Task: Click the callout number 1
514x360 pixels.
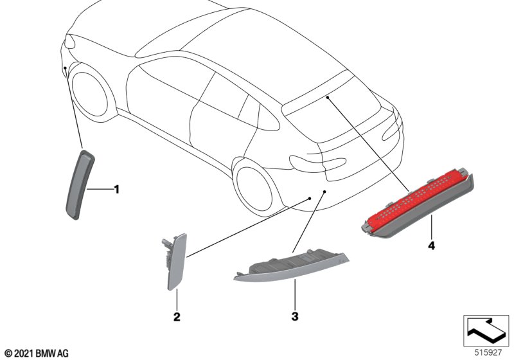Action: [116, 190]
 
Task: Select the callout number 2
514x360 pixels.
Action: [177, 317]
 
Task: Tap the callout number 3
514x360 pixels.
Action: [295, 317]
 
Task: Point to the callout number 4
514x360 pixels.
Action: [431, 245]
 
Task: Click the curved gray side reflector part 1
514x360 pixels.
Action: [80, 184]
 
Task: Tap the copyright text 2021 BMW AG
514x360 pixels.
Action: [37, 354]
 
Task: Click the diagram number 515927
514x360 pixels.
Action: [488, 353]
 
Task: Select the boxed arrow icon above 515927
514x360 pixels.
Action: [486, 330]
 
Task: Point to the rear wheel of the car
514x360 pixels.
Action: [254, 188]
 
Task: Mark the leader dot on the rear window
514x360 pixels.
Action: [327, 97]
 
